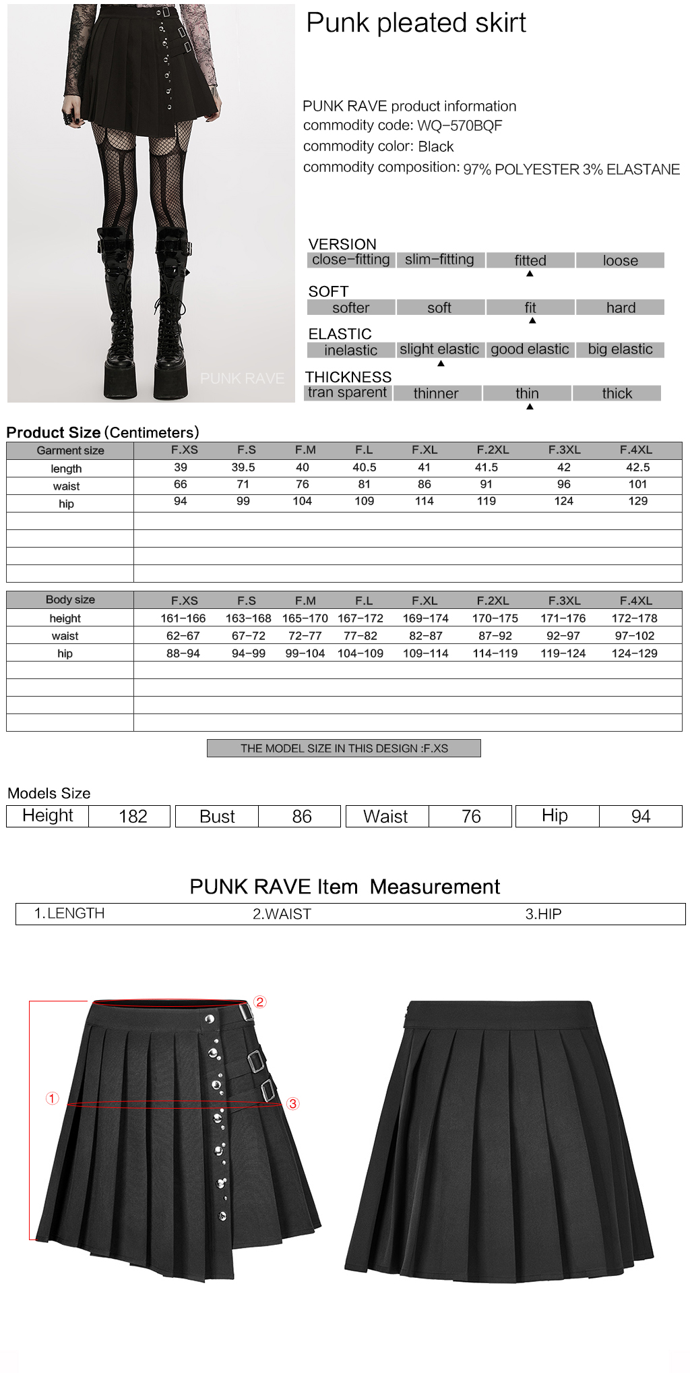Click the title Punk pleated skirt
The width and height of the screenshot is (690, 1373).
416,23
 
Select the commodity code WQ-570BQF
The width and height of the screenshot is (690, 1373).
460,125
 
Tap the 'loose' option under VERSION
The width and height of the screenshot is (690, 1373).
620,260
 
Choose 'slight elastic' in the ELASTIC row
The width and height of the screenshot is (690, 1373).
439,349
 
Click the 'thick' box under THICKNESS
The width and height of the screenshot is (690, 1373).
617,393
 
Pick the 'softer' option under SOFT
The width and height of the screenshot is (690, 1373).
350,308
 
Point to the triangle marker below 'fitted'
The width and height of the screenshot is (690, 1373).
530,274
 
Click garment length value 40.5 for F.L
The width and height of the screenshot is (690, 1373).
364,467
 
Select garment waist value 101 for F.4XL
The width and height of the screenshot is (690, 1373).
637,484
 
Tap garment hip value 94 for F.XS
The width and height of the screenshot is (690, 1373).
181,501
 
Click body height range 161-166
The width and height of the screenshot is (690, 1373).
183,618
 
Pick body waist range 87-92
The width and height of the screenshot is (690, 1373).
495,636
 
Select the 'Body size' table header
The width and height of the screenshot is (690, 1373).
70,600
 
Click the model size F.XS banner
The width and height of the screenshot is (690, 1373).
344,749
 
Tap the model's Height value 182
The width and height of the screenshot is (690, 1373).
133,816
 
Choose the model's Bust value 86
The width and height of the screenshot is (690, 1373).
301,816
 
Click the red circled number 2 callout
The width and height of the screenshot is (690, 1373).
260,1002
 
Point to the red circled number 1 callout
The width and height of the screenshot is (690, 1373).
52,1099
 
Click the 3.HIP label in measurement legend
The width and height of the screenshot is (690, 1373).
543,914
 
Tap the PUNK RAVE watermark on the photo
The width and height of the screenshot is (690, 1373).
242,378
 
